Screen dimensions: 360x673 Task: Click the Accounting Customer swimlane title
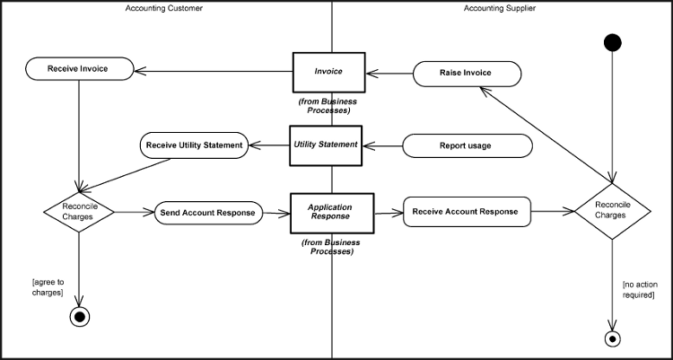point(163,8)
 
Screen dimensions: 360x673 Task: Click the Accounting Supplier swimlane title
point(500,8)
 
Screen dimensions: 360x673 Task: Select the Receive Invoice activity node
point(80,67)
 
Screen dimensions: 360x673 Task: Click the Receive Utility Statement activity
point(195,145)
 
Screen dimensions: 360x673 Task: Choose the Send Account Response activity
point(210,213)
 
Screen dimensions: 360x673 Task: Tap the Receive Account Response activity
point(467,212)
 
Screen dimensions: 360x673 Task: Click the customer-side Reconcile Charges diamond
point(81,213)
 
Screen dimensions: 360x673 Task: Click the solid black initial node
point(613,42)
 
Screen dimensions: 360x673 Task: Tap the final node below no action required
point(613,338)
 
